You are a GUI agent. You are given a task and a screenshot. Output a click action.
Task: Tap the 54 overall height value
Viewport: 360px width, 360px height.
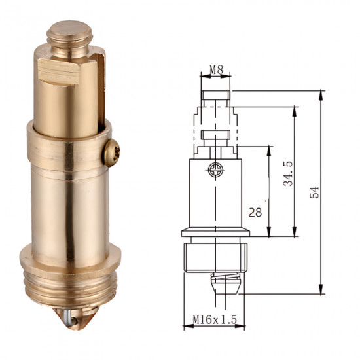(x=314, y=192)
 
